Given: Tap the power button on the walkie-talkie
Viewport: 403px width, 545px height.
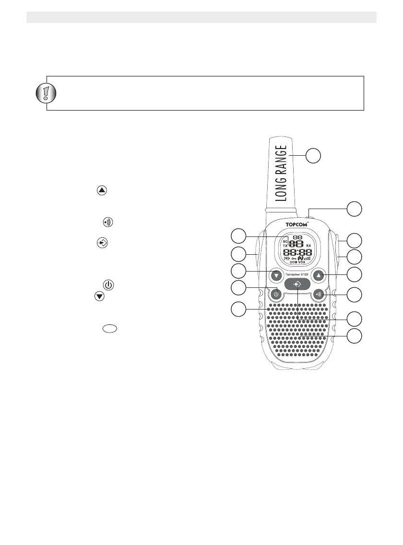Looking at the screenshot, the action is tap(276, 294).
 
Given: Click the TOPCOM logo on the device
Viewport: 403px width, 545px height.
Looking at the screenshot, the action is tap(297, 224).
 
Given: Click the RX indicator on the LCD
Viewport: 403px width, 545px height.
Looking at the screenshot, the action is tap(308, 246).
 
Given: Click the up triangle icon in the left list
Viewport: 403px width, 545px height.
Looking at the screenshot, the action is tap(102, 190).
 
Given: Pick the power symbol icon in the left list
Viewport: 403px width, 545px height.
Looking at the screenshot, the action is tap(108, 285).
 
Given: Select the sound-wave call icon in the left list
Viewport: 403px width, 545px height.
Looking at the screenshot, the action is tap(108, 222).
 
